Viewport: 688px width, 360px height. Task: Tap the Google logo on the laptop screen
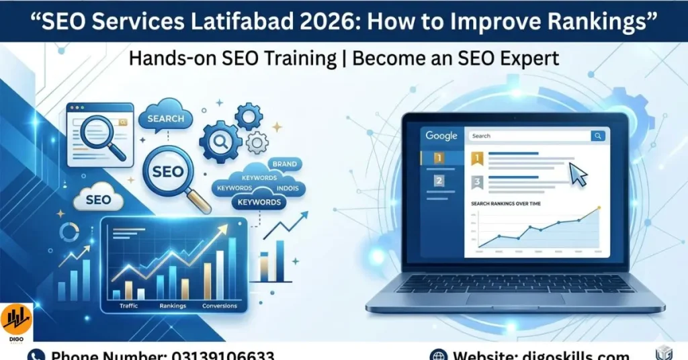point(441,136)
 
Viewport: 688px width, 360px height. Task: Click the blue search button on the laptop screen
point(597,136)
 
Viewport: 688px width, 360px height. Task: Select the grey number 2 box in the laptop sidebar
point(439,181)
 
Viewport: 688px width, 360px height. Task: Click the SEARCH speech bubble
point(165,119)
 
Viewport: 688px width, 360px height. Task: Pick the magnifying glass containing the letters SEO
point(168,171)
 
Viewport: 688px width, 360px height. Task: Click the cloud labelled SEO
point(99,200)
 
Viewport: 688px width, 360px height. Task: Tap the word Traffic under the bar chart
point(128,306)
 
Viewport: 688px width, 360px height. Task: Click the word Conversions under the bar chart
point(220,306)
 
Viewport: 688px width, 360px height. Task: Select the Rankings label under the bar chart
point(173,306)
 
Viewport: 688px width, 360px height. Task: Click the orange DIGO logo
point(17,321)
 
